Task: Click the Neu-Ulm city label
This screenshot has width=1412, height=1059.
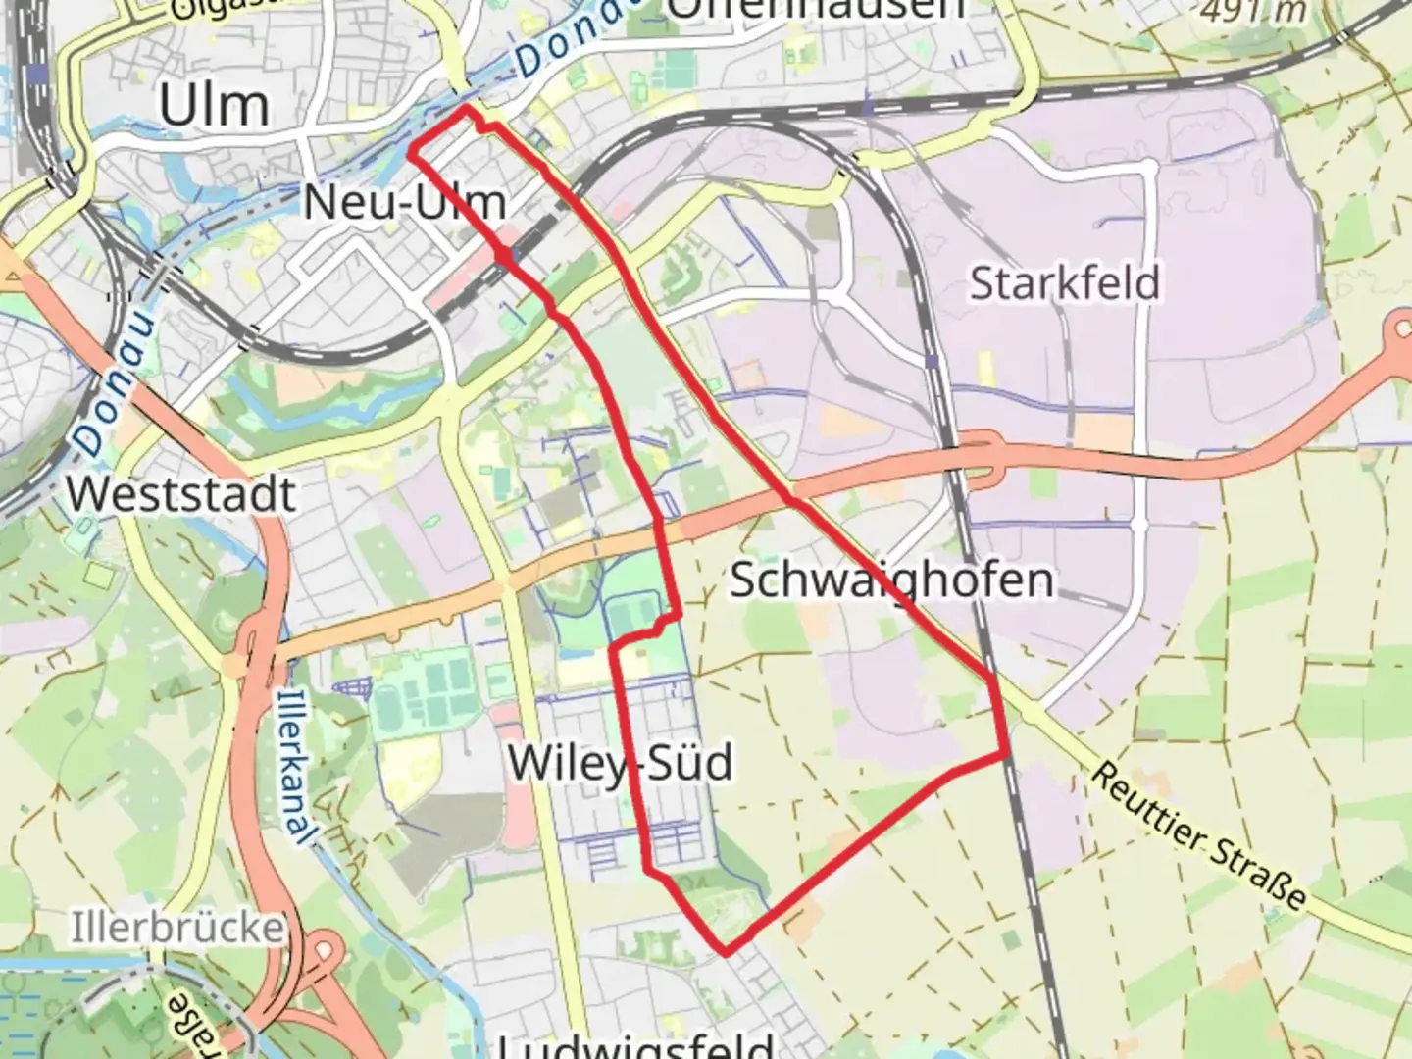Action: pyautogui.click(x=404, y=203)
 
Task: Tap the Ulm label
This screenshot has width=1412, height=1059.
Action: pyautogui.click(x=214, y=106)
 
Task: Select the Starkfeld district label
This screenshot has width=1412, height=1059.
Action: pyautogui.click(x=1065, y=283)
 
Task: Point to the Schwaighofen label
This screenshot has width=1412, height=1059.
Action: pyautogui.click(x=891, y=580)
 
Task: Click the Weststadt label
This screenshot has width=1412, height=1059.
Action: pyautogui.click(x=181, y=493)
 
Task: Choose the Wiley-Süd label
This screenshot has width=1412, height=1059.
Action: pyautogui.click(x=620, y=762)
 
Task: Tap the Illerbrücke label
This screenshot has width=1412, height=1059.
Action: pyautogui.click(x=176, y=928)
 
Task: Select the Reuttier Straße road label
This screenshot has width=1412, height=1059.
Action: pyautogui.click(x=1198, y=835)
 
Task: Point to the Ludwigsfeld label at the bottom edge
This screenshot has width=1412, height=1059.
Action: pyautogui.click(x=637, y=1045)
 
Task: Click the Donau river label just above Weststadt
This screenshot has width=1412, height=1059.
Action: pyautogui.click(x=113, y=383)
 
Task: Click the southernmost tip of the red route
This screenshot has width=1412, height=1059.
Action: pyautogui.click(x=726, y=951)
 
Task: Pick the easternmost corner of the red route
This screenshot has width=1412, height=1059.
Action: pyautogui.click(x=1007, y=754)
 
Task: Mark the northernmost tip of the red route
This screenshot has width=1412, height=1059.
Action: pyautogui.click(x=468, y=108)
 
